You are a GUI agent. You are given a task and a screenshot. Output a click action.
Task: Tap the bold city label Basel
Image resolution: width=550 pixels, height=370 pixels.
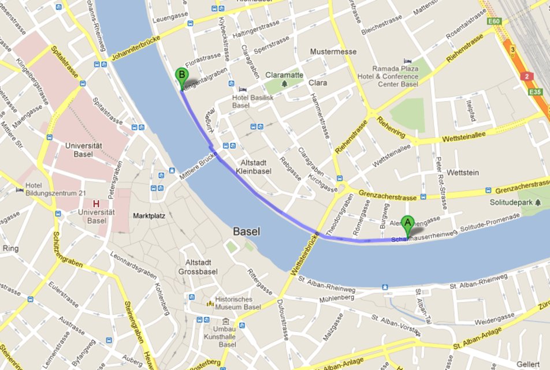pyautogui.click(x=246, y=231)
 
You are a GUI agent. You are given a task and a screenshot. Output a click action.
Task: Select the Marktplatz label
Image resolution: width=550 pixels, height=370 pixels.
pyautogui.click(x=149, y=216)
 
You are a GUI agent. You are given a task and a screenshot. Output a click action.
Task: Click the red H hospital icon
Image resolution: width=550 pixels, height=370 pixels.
pyautogui.click(x=96, y=204)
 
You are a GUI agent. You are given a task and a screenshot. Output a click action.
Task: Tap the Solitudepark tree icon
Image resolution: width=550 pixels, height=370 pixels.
pyautogui.click(x=538, y=203)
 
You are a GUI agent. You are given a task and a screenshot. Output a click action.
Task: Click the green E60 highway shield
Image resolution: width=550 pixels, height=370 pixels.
pyautogui.click(x=493, y=21)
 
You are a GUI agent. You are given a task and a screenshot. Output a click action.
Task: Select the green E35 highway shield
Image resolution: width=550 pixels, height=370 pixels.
pyautogui.click(x=537, y=91)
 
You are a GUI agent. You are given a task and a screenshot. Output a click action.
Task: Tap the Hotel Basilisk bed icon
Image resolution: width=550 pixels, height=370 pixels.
pyautogui.click(x=242, y=89)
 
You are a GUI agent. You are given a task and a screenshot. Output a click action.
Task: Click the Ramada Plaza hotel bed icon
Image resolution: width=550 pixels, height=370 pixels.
pyautogui.click(x=408, y=61)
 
